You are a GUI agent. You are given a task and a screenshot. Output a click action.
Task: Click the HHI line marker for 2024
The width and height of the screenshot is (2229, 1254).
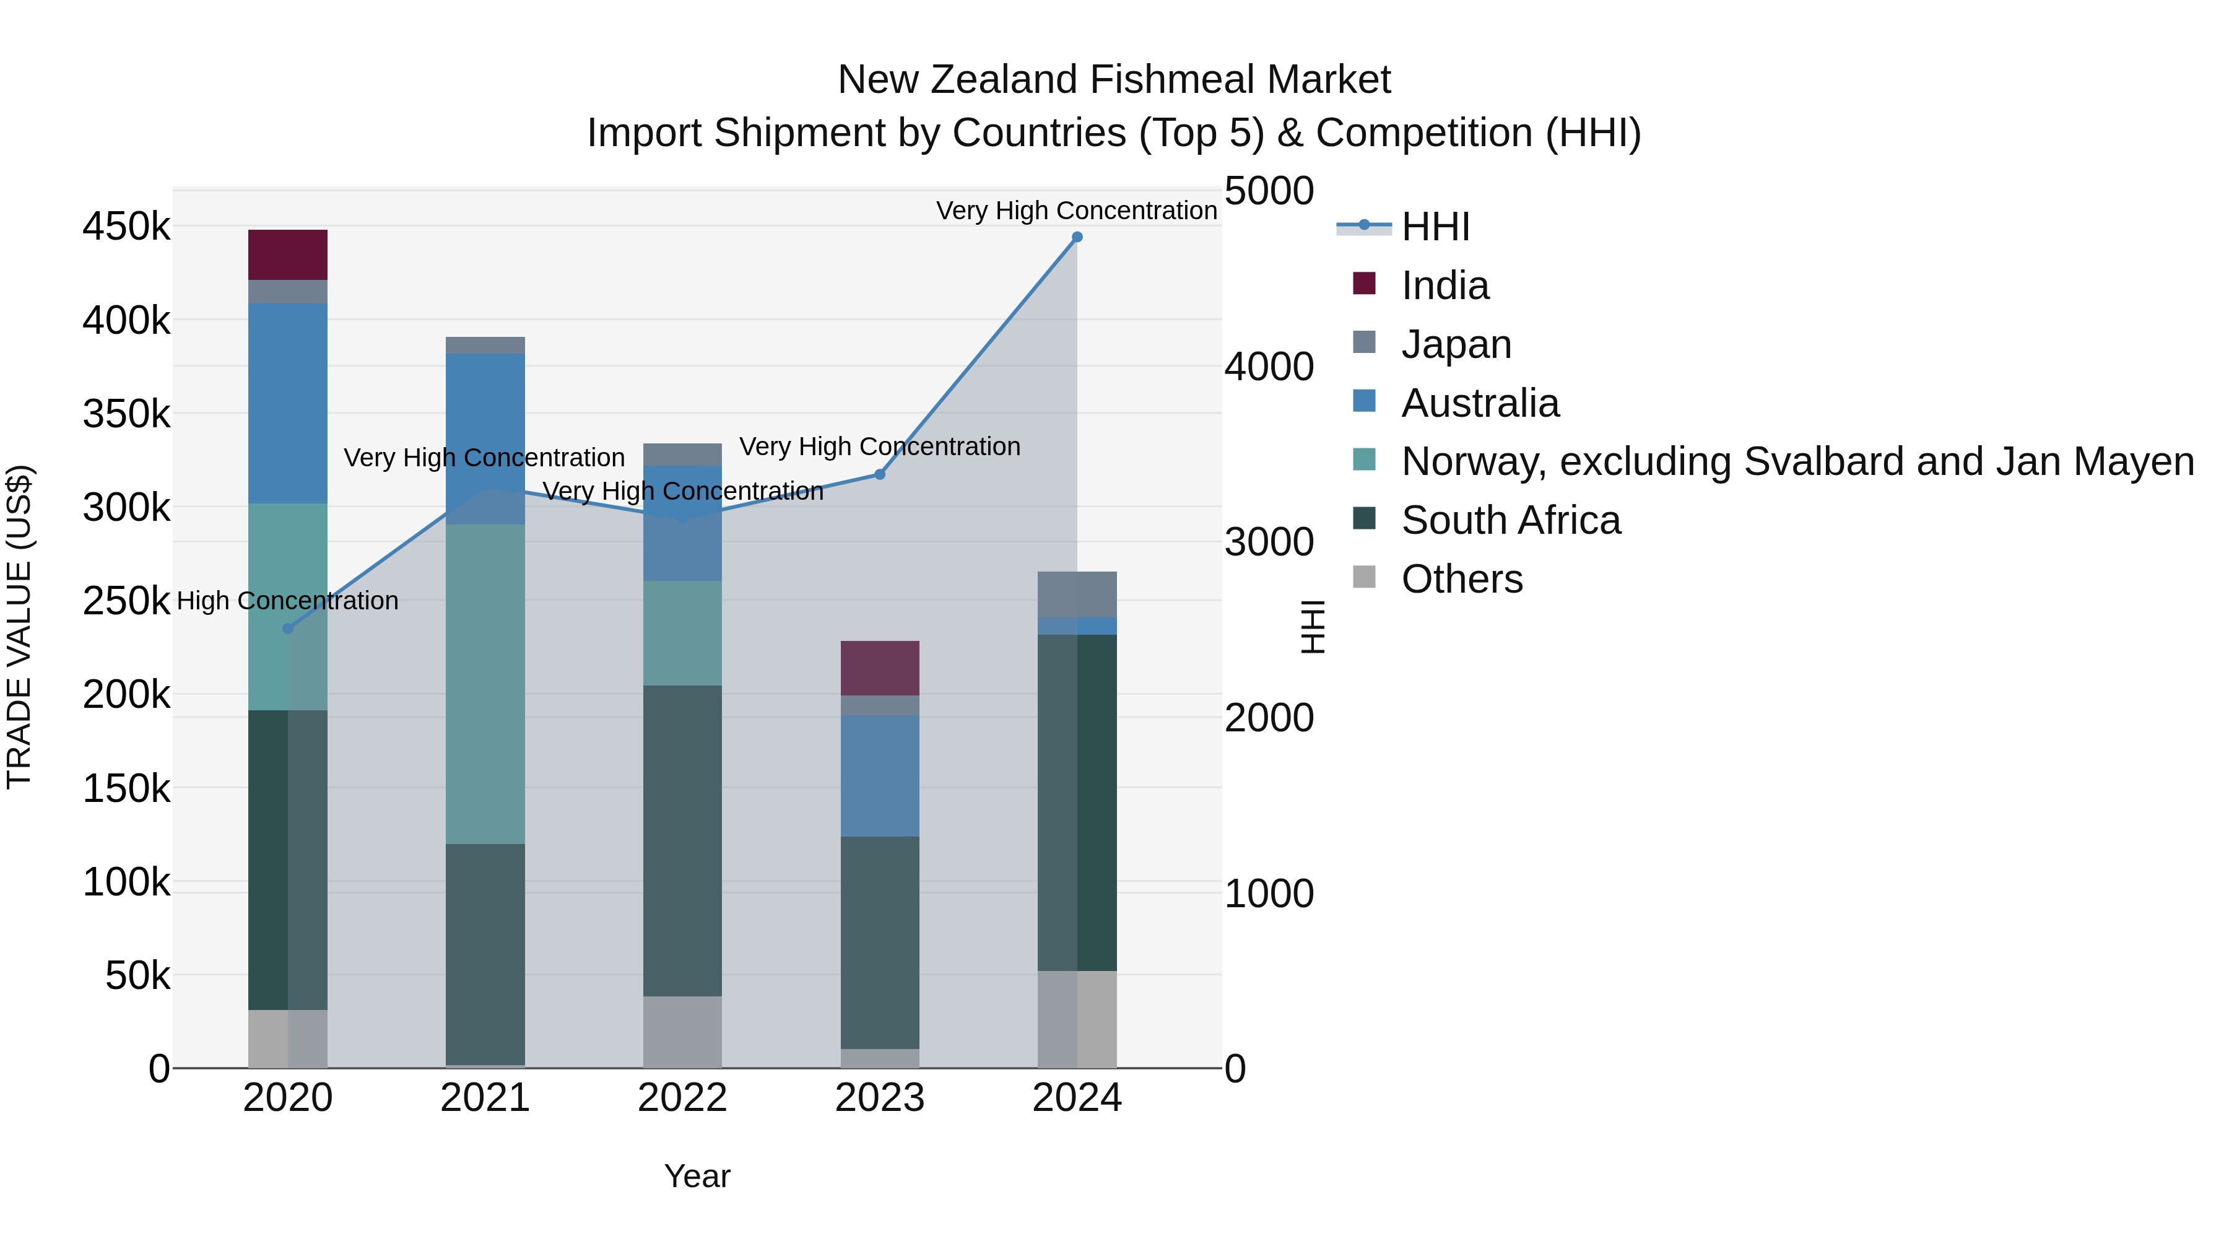pos(1077,237)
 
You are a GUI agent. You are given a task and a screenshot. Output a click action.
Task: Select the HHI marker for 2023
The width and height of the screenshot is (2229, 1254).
pos(880,474)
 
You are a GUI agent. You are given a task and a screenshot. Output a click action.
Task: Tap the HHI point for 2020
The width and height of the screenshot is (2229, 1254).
pos(288,629)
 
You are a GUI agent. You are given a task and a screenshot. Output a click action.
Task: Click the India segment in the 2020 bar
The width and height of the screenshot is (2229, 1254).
pos(287,255)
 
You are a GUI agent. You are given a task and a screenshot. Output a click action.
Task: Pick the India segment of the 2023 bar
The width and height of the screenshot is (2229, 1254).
pos(880,668)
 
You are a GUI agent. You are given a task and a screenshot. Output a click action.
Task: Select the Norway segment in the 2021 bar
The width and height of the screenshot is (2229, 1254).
pos(485,684)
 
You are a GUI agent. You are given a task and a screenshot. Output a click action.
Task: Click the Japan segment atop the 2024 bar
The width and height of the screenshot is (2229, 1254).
pos(1077,594)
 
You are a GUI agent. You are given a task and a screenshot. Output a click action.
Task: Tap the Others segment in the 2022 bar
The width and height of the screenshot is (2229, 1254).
pos(683,1032)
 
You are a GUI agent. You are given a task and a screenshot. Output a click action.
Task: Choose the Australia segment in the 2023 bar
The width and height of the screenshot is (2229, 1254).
pos(880,775)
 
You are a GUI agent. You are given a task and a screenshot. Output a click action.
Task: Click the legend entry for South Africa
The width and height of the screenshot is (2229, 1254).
pos(1510,520)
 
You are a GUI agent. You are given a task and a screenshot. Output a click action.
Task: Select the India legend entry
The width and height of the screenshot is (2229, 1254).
pos(1445,285)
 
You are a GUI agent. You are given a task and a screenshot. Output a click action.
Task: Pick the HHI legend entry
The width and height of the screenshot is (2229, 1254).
pos(1435,227)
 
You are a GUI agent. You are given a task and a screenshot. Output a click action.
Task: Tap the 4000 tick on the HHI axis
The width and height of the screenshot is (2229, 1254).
pos(1269,367)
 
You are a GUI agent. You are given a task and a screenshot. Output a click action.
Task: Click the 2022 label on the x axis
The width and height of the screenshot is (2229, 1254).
pos(683,1098)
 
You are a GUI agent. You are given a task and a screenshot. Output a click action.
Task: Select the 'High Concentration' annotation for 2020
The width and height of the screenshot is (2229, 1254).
pos(287,601)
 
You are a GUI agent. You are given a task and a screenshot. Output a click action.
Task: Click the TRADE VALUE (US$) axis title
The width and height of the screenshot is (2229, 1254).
pos(19,627)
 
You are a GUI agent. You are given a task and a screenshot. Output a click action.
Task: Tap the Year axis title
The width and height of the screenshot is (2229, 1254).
pos(697,1176)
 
